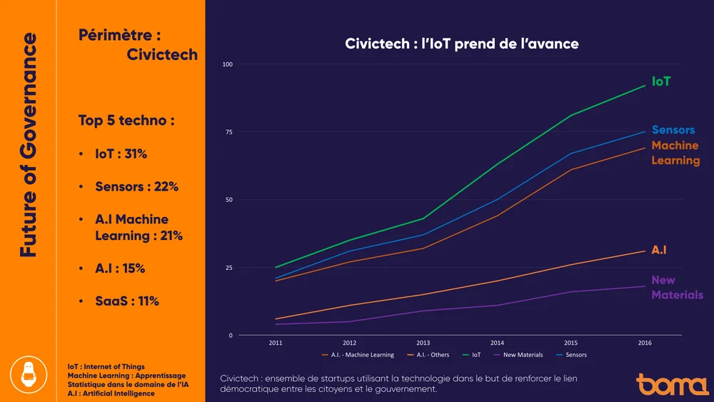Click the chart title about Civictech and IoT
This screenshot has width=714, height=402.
pos(461,44)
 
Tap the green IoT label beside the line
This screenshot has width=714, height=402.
pos(661,81)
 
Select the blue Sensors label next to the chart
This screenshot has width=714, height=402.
pos(673,130)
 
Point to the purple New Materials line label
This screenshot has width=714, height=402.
pos(677,287)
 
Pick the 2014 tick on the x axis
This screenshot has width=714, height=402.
pos(497,343)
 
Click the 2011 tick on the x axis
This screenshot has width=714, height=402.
pos(276,343)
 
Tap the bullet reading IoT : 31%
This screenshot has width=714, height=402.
pos(121,154)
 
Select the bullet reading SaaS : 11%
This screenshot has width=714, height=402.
pos(127,301)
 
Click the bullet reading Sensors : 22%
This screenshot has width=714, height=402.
pos(136,187)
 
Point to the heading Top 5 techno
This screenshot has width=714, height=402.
pos(126,121)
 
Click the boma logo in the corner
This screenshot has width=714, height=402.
pos(672,384)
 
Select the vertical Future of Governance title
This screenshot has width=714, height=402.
pos(29,145)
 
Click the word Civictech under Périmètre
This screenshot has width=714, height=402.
pos(162,55)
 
